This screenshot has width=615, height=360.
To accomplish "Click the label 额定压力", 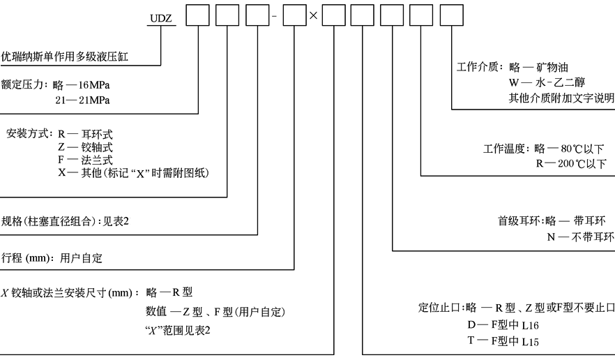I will click(22, 85).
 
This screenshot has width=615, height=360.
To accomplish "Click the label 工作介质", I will click(480, 68).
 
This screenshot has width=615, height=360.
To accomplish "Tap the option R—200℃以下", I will click(570, 164).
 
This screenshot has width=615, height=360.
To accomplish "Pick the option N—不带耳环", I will click(580, 237).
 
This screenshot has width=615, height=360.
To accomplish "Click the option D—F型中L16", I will click(503, 325).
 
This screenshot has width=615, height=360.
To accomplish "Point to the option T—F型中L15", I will click(503, 340).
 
